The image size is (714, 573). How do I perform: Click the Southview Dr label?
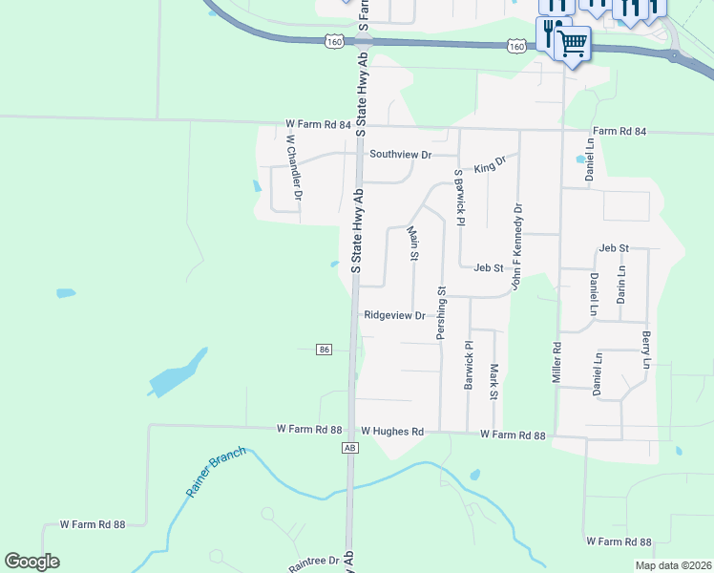tap(401, 154)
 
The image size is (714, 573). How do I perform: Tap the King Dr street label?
tap(490, 166)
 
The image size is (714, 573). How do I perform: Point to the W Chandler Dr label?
tap(295, 167)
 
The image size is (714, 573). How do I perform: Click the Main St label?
tap(413, 243)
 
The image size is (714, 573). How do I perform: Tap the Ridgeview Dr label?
tap(394, 315)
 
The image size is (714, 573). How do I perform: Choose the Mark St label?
tap(493, 382)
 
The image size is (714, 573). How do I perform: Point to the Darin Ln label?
tap(620, 285)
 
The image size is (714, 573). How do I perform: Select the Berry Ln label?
tap(646, 351)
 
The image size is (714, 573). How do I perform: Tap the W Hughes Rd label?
tap(390, 432)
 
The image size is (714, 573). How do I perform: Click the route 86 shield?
tap(325, 350)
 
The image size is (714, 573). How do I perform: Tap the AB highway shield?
tap(350, 447)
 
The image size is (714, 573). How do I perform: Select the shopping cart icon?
tap(572, 42)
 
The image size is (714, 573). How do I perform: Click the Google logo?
tap(31, 562)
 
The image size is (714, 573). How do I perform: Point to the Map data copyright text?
tap(673, 565)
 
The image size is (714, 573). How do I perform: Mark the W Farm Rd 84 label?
tap(318, 125)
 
